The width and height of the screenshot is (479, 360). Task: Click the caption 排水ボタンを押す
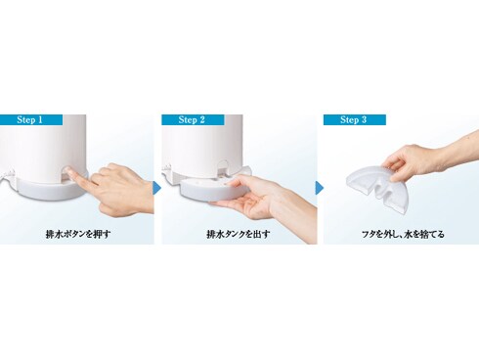pyautogui.click(x=79, y=235)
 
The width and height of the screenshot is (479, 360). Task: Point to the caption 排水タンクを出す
pyautogui.click(x=239, y=235)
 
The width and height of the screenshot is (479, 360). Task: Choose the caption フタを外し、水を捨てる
pyautogui.click(x=401, y=235)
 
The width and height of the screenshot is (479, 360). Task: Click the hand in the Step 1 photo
pyautogui.click(x=117, y=186)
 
